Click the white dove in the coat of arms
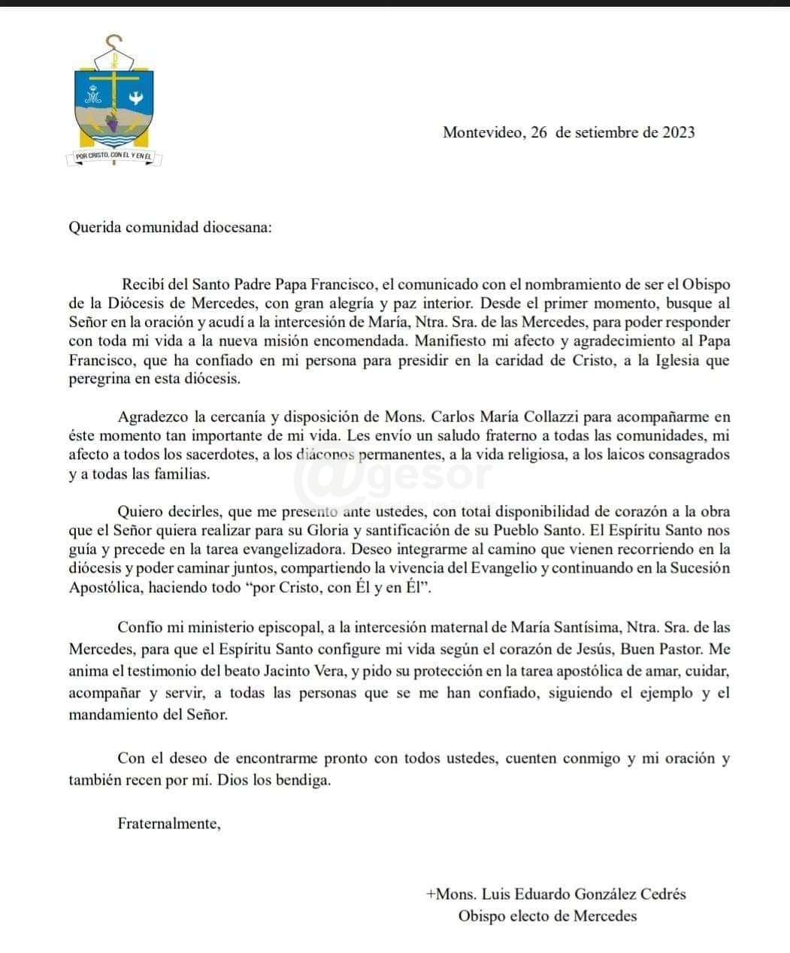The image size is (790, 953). pyautogui.click(x=137, y=96)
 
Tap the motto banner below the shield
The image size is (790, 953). pyautogui.click(x=114, y=156)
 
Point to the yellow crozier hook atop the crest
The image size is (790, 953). pyautogui.click(x=114, y=42)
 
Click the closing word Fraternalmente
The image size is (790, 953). pyautogui.click(x=168, y=824)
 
